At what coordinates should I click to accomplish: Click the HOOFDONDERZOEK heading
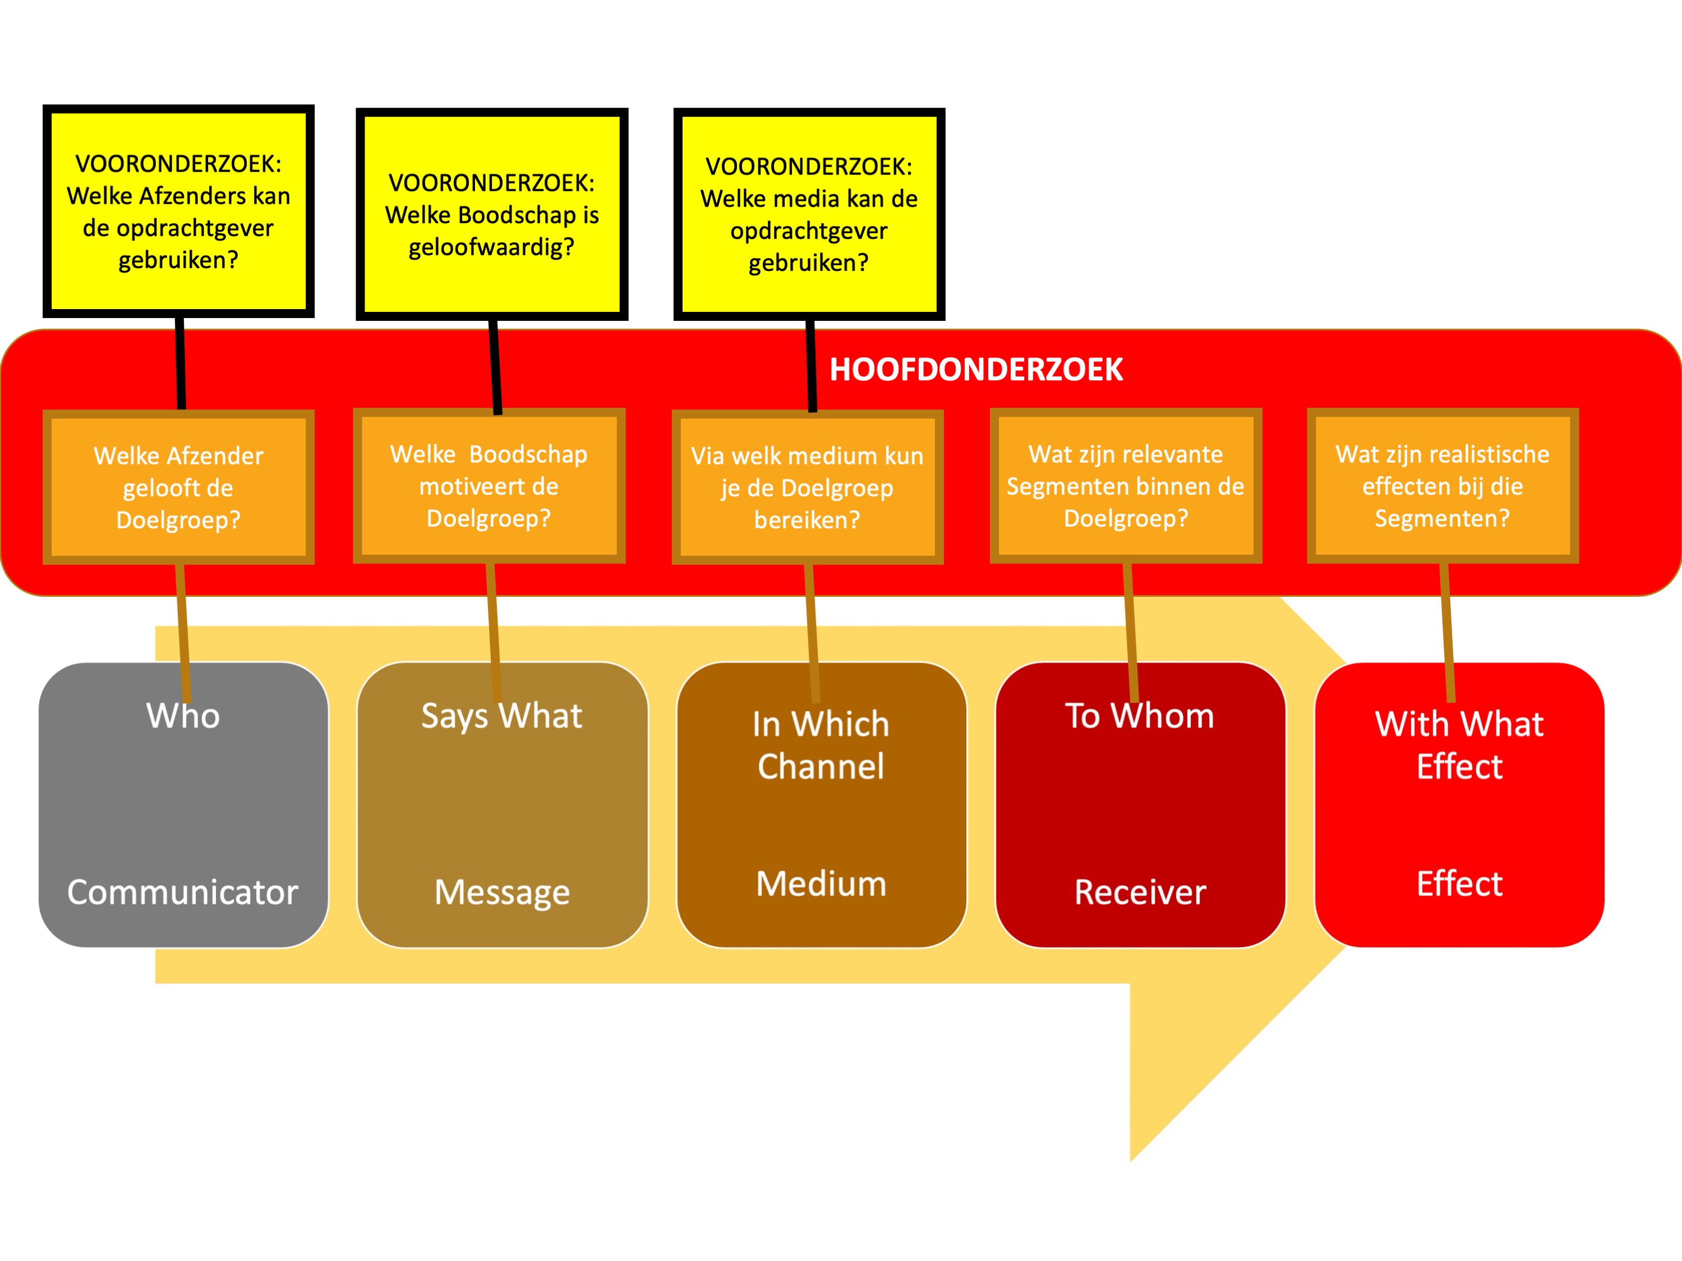[x=975, y=370]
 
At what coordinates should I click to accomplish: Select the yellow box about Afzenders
[x=179, y=211]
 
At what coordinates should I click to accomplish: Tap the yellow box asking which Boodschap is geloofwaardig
[x=492, y=214]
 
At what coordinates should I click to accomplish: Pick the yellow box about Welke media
[x=809, y=214]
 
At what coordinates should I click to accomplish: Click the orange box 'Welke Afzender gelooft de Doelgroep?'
[x=179, y=487]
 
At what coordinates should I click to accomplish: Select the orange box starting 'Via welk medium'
[x=808, y=487]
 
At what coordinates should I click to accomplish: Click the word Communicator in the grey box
[x=182, y=892]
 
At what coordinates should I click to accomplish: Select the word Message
[x=502, y=892]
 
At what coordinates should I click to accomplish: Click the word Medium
[x=821, y=883]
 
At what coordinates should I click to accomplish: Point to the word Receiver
[x=1140, y=892]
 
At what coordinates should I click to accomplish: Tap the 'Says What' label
[x=502, y=716]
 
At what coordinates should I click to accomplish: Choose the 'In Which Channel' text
[x=821, y=745]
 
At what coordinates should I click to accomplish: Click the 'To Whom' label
[x=1140, y=716]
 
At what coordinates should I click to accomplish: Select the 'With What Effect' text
[x=1459, y=745]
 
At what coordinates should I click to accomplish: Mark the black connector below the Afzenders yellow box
[x=181, y=363]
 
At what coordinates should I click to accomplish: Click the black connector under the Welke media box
[x=812, y=365]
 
